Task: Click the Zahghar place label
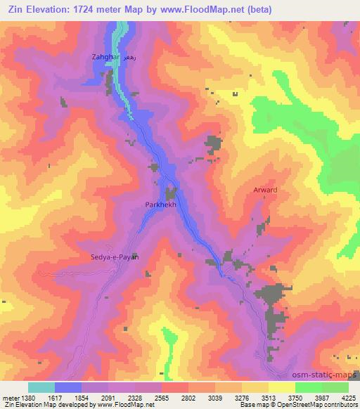(105, 56)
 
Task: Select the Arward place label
(265, 190)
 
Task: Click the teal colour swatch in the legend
(41, 387)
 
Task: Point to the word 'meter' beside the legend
(9, 396)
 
